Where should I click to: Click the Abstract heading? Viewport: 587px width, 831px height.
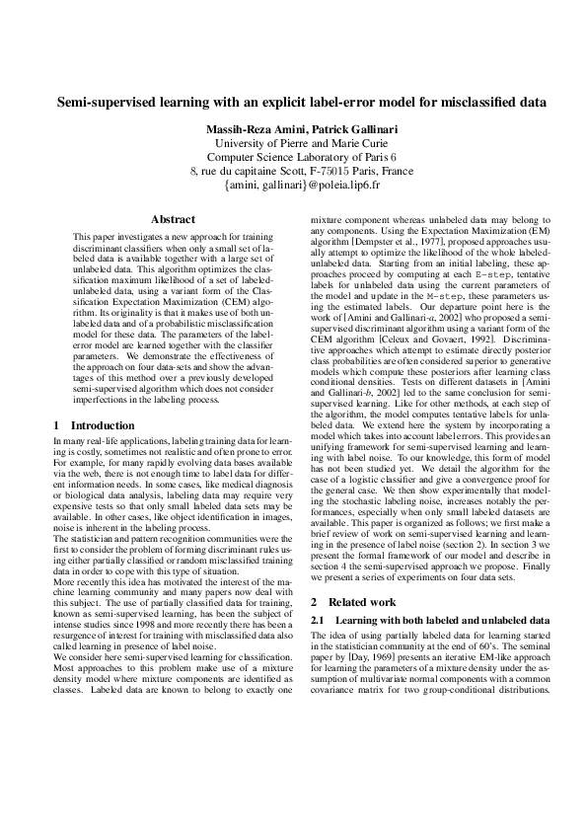[173, 219]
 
